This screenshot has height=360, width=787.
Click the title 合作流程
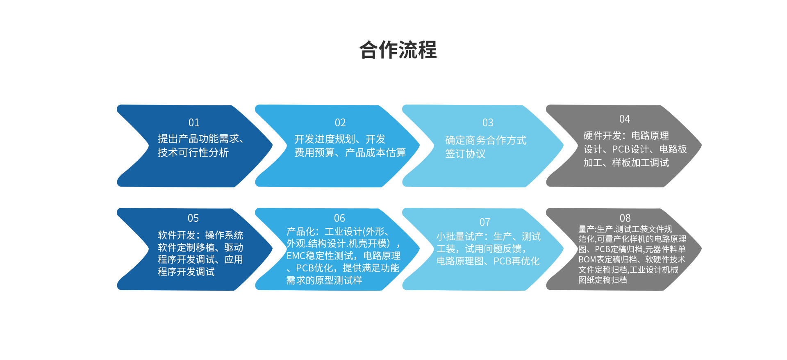pos(398,50)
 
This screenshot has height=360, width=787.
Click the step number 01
pos(194,123)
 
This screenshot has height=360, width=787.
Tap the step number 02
pos(340,123)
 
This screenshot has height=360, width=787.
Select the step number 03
pos(488,123)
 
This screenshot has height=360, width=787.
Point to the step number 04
pos(624,119)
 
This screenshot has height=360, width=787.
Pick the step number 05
pos(193,218)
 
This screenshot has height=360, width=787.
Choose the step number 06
pos(339,218)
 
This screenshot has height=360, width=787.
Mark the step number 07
pos(485,222)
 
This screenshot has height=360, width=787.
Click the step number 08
pos(625,218)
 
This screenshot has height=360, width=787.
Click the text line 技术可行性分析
pos(193,153)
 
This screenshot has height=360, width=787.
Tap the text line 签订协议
pos(465,154)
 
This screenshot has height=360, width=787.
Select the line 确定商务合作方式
pos(486,140)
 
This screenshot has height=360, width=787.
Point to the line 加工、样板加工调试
pos(626,163)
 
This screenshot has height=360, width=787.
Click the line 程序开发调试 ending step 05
pos(186,272)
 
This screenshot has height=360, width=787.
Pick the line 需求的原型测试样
pos(324,280)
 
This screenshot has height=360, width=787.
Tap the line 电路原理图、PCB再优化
pos(488,261)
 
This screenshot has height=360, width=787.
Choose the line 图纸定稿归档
pos(603,280)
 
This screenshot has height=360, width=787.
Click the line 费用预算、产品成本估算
pos(350,153)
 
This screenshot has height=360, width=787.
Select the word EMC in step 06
pos(295,256)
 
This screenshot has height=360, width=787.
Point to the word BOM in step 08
pos(587,260)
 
